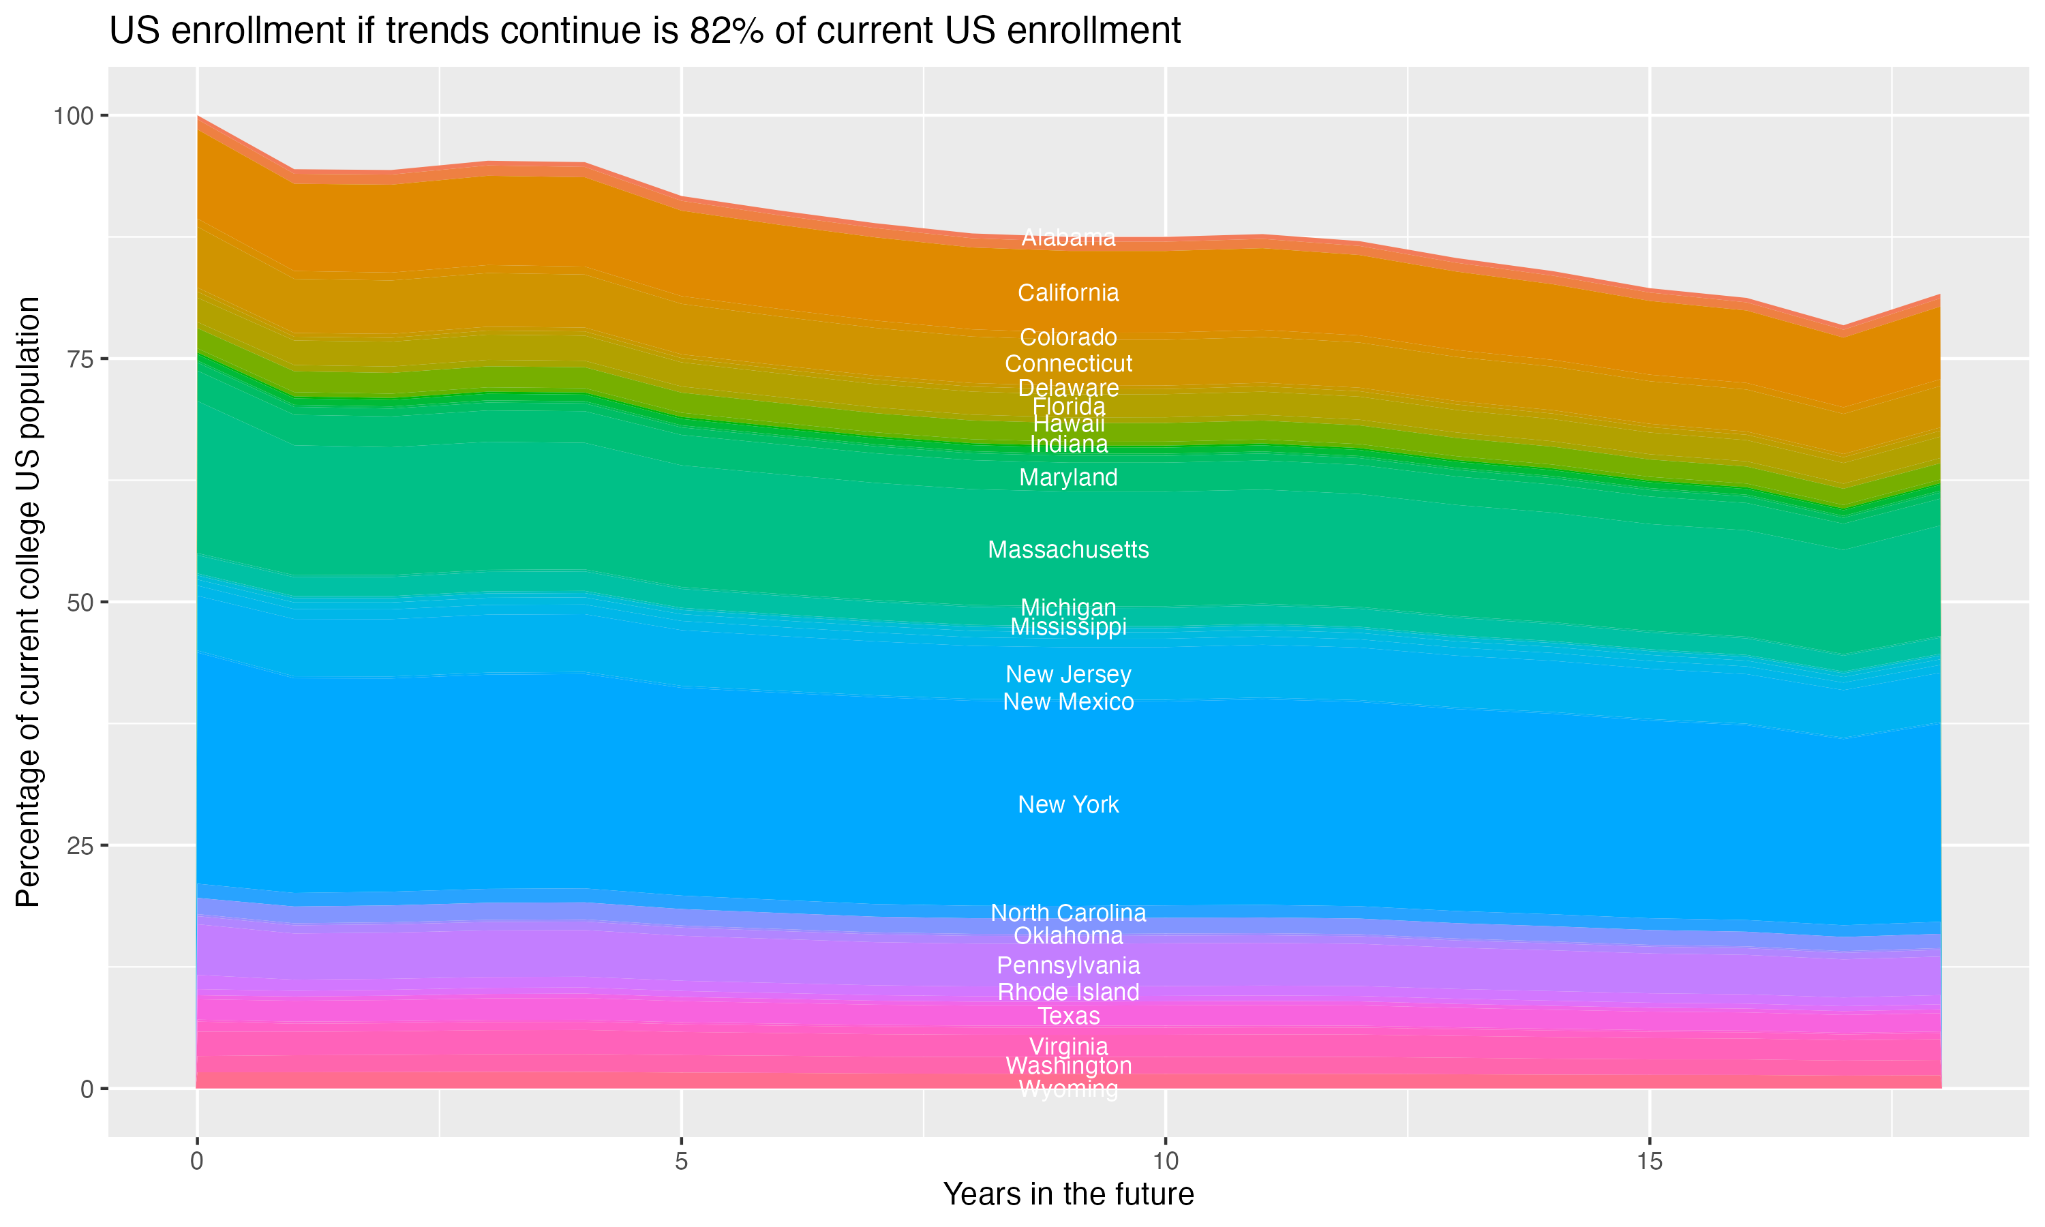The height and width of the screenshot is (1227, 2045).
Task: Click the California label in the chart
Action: tap(1068, 292)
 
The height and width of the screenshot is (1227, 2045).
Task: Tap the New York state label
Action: tap(1068, 804)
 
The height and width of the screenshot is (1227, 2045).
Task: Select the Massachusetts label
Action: tap(1068, 550)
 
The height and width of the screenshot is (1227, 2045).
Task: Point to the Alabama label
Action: tap(1068, 238)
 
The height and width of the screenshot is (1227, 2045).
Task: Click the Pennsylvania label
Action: tap(1068, 966)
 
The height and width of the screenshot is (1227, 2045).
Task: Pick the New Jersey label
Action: tap(1068, 675)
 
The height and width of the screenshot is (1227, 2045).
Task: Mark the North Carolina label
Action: tap(1068, 913)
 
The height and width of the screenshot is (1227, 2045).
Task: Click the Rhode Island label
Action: tap(1068, 993)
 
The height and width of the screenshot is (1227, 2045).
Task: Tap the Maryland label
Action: tap(1068, 478)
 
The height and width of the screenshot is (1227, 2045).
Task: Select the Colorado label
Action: tap(1068, 337)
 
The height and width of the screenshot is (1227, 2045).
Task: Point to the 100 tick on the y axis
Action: tap(74, 116)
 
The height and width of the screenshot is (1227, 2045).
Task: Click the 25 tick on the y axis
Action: tap(81, 846)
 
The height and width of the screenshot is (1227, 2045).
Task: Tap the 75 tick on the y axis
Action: tap(81, 359)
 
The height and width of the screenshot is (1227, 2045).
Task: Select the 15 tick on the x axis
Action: tap(1649, 1162)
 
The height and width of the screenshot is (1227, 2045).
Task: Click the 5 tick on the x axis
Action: tap(681, 1162)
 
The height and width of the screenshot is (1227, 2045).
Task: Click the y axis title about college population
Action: tap(28, 602)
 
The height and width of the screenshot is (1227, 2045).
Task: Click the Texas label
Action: tap(1068, 1016)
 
